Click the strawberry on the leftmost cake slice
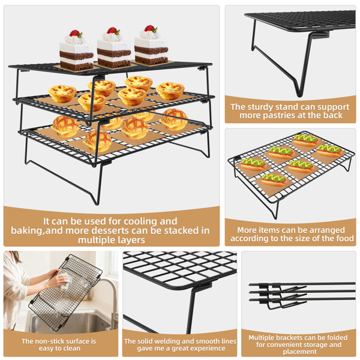pos(74,33)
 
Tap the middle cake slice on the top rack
pos(114,47)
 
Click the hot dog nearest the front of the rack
pos(274,180)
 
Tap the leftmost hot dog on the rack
pos(253,164)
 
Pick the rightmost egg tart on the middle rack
pos(170,91)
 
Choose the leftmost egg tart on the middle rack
pos(62,94)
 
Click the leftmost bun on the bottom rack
pos(65,126)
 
